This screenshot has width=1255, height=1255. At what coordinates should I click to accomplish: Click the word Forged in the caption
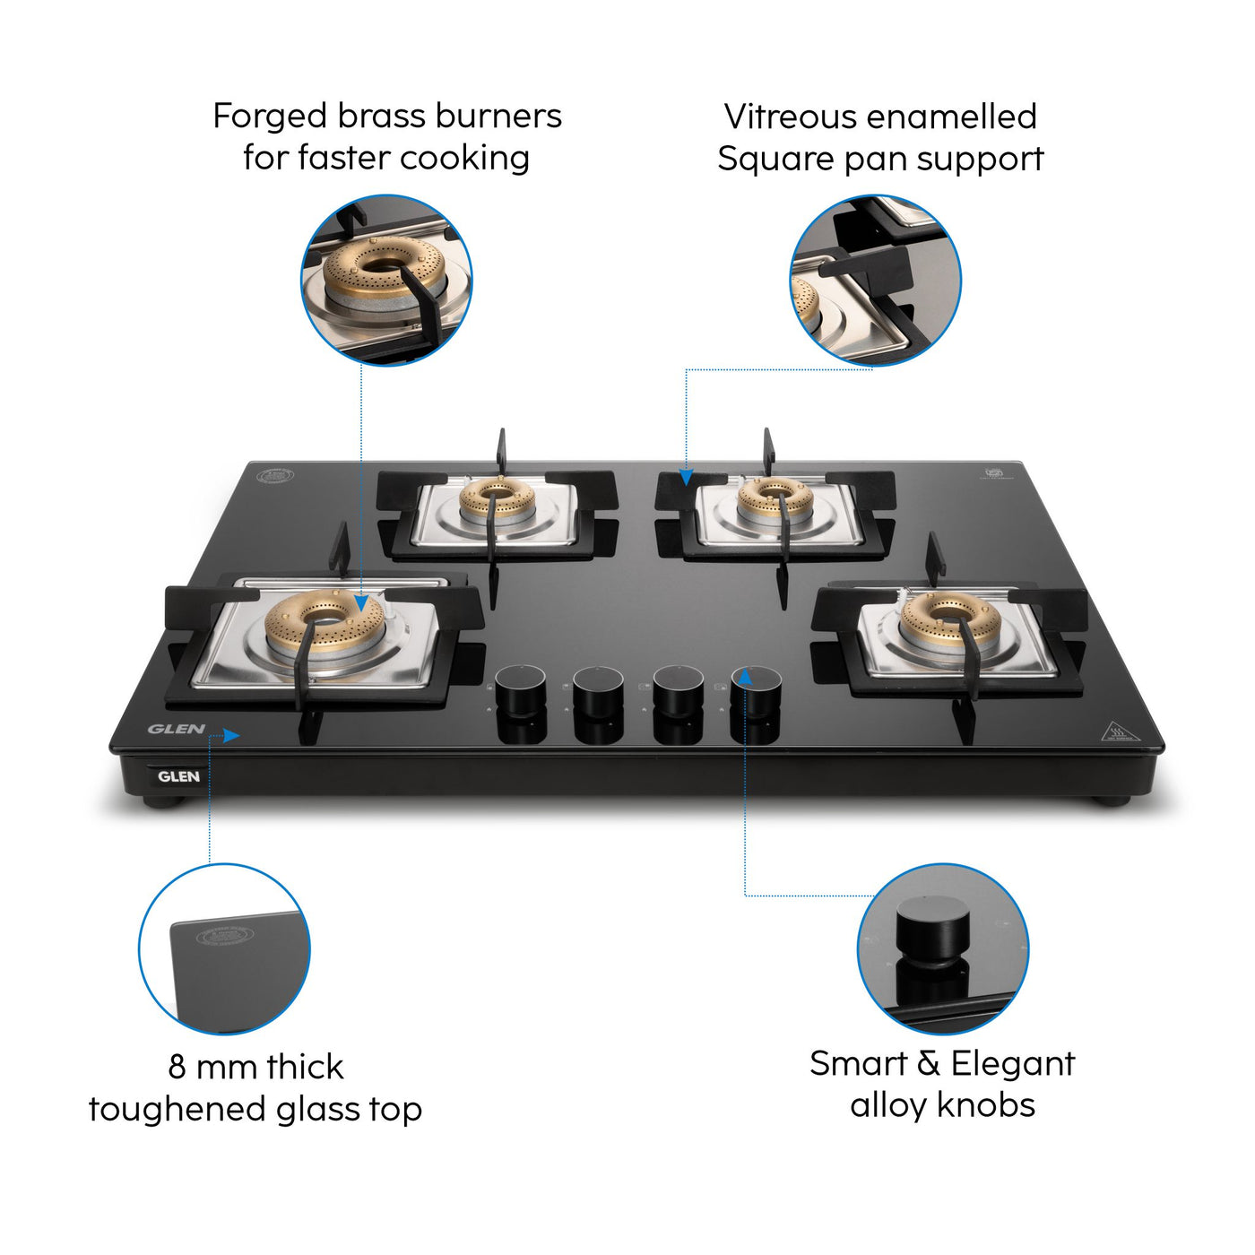tap(269, 117)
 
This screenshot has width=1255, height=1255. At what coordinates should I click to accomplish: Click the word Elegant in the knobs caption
tap(1012, 1064)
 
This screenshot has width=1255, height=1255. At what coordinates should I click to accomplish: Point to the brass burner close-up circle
tap(386, 280)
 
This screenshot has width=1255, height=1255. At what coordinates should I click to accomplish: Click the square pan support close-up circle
tap(875, 280)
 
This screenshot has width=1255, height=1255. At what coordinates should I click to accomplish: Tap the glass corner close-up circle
tap(224, 948)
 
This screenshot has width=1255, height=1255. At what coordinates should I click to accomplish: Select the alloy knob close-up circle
tap(943, 948)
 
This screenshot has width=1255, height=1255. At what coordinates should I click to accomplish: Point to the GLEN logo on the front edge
tap(178, 776)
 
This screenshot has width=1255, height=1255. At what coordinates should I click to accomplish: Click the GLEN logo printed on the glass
tap(177, 729)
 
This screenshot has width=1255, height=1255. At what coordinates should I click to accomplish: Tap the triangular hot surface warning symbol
tap(1118, 732)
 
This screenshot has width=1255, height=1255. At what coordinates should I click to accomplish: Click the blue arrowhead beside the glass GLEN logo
tap(231, 736)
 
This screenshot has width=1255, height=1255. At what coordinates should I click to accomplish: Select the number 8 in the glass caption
tap(177, 1068)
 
